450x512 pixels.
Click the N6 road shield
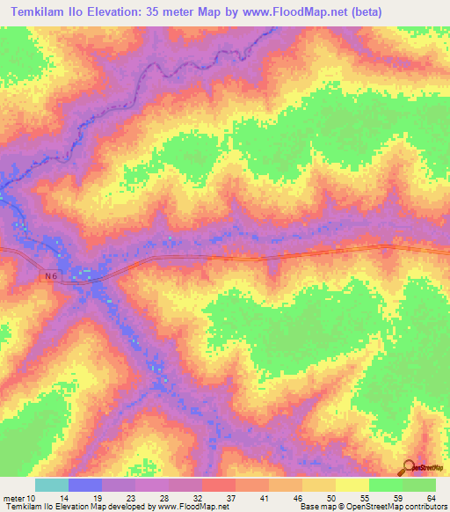[x=50, y=276]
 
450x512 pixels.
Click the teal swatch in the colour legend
[x=52, y=485]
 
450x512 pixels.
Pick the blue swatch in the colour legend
[x=85, y=485]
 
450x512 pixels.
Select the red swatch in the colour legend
[x=219, y=485]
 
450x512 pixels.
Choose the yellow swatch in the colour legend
[x=352, y=485]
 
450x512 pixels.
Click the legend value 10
[x=33, y=497]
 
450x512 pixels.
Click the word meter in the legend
[x=14, y=497]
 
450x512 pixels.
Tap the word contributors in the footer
[x=425, y=507]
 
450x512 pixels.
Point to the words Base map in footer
[x=315, y=507]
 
